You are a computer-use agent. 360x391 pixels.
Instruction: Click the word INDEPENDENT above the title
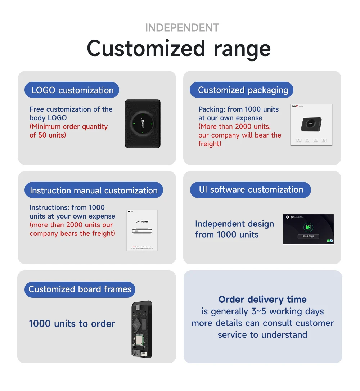click(182, 28)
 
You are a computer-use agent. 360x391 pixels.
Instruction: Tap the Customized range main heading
click(179, 48)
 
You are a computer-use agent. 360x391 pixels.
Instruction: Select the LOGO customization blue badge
click(72, 90)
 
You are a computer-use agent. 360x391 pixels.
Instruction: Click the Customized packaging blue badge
click(242, 90)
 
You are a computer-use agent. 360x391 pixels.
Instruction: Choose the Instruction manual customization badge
click(94, 190)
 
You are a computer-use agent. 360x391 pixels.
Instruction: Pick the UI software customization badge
click(251, 190)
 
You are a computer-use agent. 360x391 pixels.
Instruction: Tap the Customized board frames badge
click(80, 289)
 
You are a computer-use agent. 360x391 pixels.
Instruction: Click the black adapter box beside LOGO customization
click(143, 123)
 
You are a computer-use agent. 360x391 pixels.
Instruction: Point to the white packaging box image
click(311, 125)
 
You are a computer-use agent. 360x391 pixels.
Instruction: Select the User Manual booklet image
click(142, 230)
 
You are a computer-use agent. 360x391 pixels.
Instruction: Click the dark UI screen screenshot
click(308, 229)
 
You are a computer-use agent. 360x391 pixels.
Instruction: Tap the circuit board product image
click(141, 329)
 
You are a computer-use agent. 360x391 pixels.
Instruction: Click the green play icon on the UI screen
click(308, 227)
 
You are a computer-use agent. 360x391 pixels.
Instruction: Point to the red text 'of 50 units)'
click(48, 135)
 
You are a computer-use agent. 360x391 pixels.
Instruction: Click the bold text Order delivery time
click(262, 300)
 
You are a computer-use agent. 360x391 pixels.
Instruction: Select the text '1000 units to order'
click(72, 324)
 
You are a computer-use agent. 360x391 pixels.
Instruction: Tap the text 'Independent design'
click(234, 224)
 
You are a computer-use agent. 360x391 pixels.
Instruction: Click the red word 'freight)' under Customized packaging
click(210, 144)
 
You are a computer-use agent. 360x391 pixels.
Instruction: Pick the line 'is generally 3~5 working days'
click(262, 311)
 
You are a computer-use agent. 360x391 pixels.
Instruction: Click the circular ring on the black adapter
click(143, 123)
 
